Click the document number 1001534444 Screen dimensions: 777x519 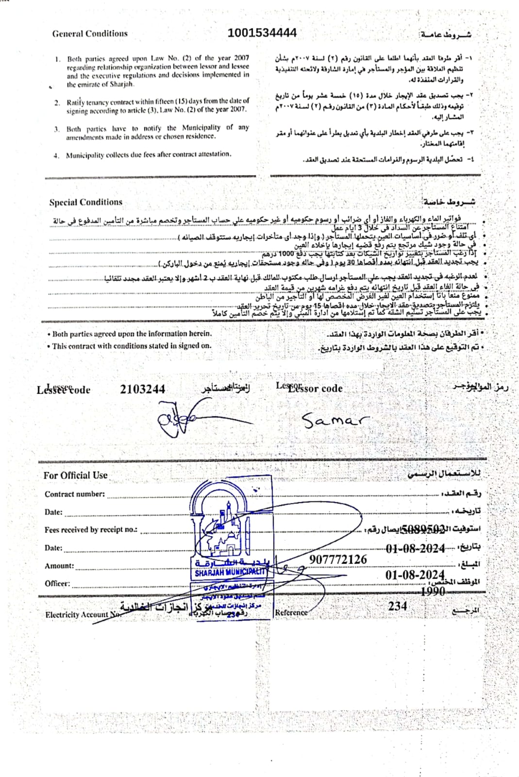(x=262, y=33)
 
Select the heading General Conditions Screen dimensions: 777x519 (x=90, y=34)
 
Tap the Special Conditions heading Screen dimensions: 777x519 (x=85, y=202)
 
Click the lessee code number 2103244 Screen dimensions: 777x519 (x=142, y=389)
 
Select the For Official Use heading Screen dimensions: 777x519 (x=75, y=475)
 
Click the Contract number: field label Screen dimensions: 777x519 (x=74, y=494)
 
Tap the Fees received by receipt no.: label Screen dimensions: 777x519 (x=91, y=530)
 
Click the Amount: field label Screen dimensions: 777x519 (x=59, y=566)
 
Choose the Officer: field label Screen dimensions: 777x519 (x=57, y=583)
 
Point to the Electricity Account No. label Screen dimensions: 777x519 (x=83, y=615)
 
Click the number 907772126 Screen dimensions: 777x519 (x=338, y=559)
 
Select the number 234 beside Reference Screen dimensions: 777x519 (x=397, y=606)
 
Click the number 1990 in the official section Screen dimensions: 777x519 (x=433, y=591)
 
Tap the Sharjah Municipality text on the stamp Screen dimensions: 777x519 (x=230, y=573)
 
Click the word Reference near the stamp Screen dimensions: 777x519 (x=291, y=612)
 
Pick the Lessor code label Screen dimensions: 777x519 (x=316, y=388)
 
